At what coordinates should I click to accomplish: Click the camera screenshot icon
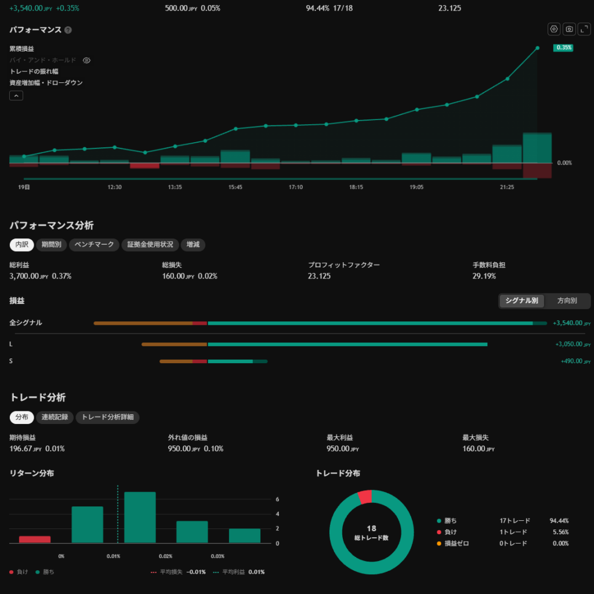[569, 29]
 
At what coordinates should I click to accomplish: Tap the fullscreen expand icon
[584, 29]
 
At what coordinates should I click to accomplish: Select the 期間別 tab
[52, 245]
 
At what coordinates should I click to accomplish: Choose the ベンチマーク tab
[95, 245]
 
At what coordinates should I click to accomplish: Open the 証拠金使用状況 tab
[150, 245]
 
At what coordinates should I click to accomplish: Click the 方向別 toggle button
[567, 301]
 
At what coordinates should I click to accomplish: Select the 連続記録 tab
[55, 417]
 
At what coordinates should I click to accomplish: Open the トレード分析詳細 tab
[107, 417]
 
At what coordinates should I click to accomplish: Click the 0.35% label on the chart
[563, 48]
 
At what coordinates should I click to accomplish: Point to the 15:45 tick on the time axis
[236, 187]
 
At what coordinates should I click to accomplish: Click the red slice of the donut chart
[365, 497]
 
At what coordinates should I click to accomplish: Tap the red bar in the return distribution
[35, 539]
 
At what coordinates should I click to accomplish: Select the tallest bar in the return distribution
[140, 517]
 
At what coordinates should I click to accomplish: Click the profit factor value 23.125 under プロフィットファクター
[319, 276]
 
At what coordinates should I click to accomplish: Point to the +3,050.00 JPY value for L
[573, 345]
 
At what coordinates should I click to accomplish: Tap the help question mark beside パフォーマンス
[68, 30]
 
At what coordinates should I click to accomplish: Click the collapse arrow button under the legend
[16, 96]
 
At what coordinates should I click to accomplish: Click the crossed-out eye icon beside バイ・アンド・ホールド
[87, 60]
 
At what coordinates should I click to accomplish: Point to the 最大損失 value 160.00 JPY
[479, 449]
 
